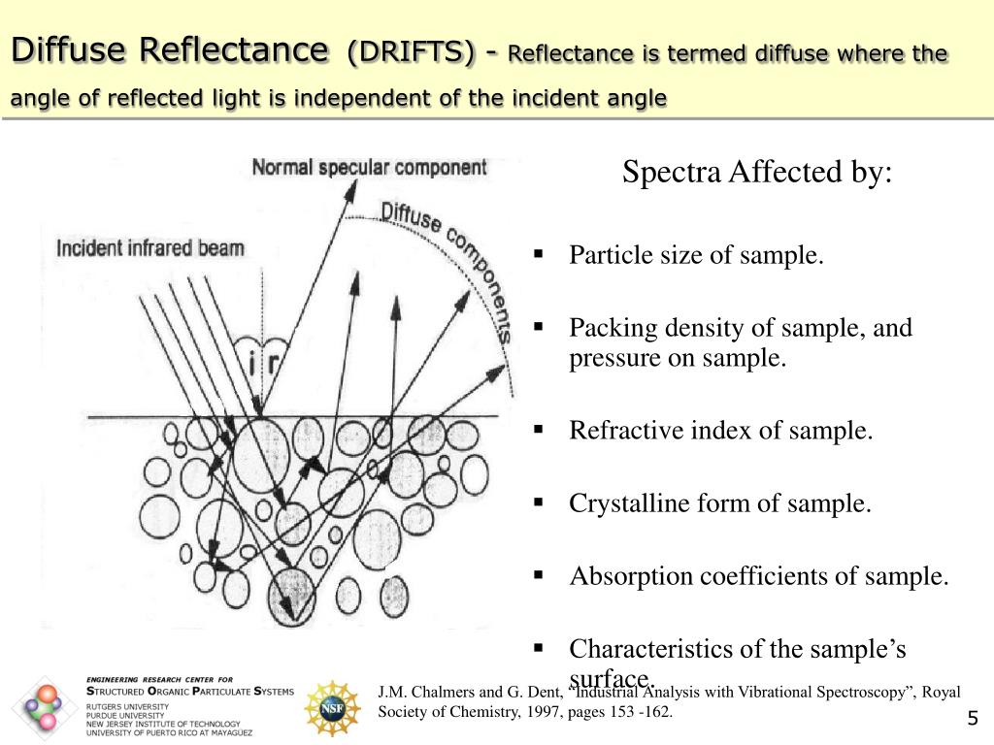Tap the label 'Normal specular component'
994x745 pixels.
[x=369, y=167]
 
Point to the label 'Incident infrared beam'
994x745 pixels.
[x=150, y=247]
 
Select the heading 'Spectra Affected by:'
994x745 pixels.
[x=756, y=174]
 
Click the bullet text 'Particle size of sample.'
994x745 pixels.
[x=696, y=256]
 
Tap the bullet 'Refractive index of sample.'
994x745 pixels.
[x=721, y=430]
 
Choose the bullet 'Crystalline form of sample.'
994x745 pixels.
[x=720, y=503]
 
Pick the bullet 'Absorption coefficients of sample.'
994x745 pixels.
[x=758, y=576]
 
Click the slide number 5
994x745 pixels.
[x=972, y=719]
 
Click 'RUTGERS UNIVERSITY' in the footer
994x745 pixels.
[x=126, y=707]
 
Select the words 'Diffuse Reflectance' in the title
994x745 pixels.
[x=169, y=49]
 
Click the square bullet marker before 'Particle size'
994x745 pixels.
[x=537, y=256]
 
